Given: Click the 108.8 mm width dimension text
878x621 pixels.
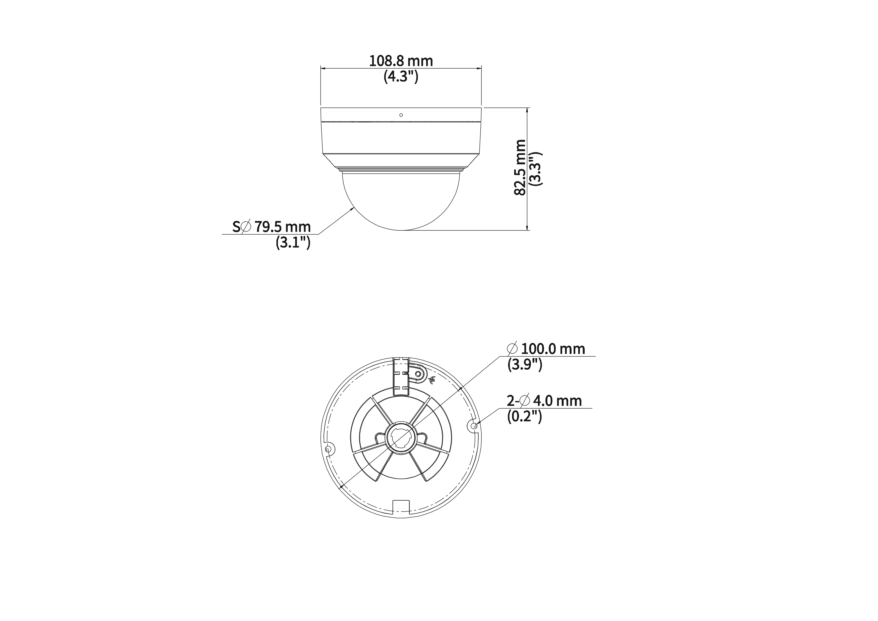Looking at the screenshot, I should [401, 61].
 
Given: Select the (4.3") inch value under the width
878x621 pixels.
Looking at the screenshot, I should [401, 77].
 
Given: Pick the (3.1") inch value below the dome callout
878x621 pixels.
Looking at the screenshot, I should [293, 243].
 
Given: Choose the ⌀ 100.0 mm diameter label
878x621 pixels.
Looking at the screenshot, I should [546, 349].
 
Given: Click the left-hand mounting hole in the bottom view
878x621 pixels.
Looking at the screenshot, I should [328, 448].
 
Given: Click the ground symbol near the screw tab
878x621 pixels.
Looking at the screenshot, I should [432, 380].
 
